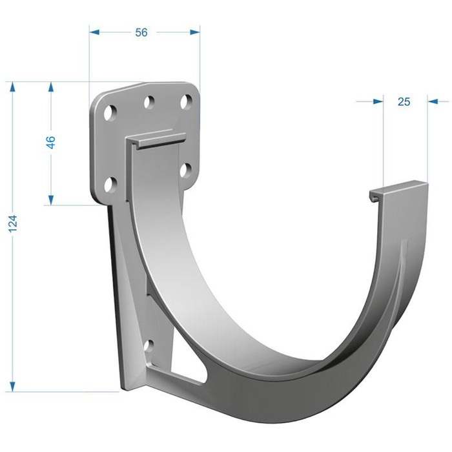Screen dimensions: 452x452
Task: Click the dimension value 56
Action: coord(141,32)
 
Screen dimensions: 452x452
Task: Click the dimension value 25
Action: coord(404,101)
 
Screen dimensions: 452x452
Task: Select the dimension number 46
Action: coord(50,142)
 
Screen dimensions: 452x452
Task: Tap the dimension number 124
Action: coord(13,224)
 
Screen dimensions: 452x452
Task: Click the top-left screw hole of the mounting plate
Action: coord(110,113)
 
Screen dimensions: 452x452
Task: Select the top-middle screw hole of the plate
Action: coord(149,102)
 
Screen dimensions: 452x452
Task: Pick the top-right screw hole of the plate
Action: coord(186,101)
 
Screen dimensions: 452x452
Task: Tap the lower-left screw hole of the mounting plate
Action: coord(110,185)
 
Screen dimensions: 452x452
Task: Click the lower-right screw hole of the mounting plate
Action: coord(186,169)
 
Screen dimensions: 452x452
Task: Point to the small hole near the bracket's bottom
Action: coord(149,347)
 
